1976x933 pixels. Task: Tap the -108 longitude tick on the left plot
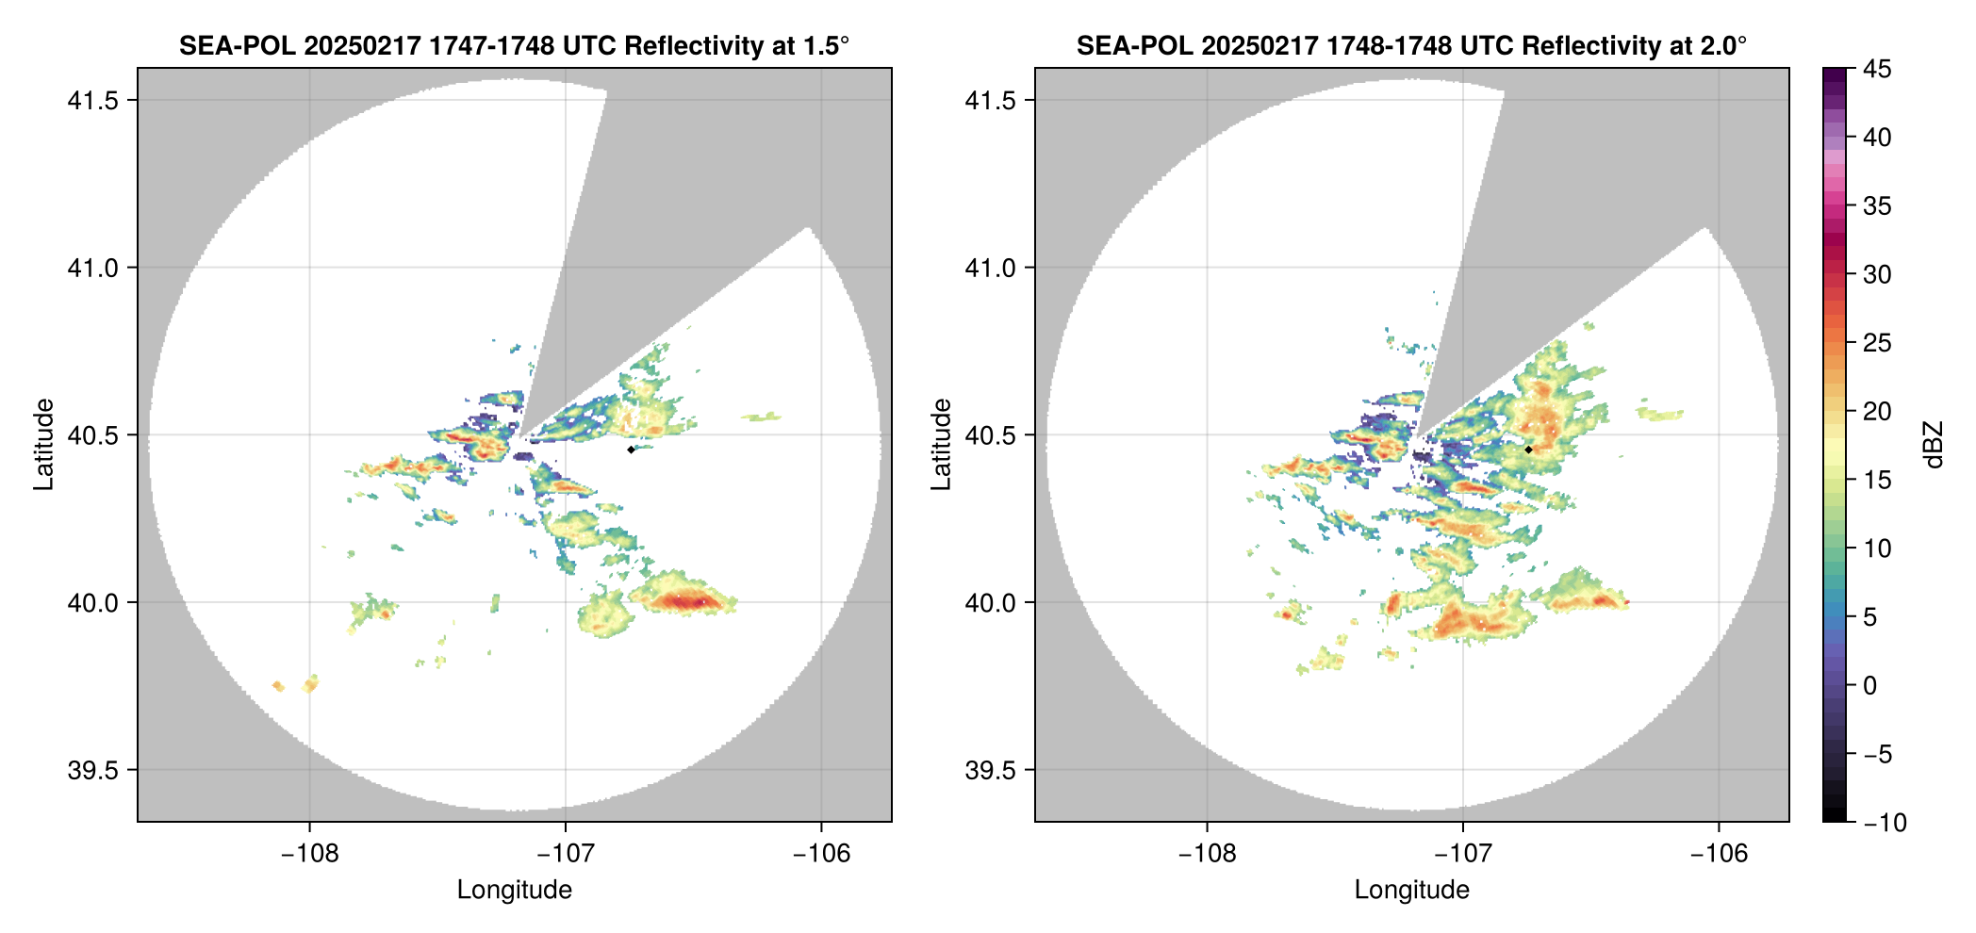coord(309,853)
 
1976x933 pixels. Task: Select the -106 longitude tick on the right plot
coord(1719,853)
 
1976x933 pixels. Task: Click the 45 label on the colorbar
coord(1876,69)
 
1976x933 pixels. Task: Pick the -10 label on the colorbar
coord(1885,823)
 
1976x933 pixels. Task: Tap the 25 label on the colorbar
coord(1876,343)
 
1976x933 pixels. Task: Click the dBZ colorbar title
coord(1933,445)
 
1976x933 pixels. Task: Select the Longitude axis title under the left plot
coord(515,890)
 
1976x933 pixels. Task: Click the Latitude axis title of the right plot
coord(941,445)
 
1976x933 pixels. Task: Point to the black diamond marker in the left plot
coord(631,450)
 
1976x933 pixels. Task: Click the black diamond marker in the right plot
coord(1528,450)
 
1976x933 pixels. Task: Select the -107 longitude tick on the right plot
coord(1462,853)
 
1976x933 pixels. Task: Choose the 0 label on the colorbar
coord(1869,686)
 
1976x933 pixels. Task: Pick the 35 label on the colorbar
coord(1876,205)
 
